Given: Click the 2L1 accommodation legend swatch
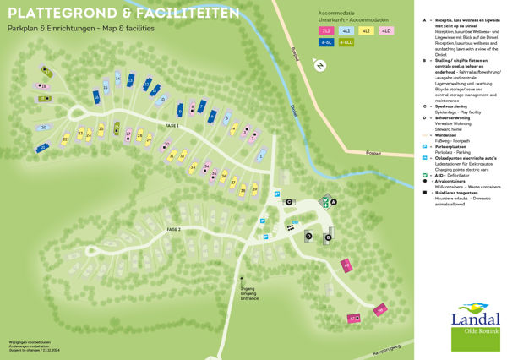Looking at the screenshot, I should tap(325, 30).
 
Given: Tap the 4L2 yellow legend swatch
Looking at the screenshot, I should tap(366, 30).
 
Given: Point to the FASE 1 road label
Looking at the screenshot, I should tap(173, 126).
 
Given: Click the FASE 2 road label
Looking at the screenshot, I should tap(174, 229).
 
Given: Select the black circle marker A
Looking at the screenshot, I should tap(334, 202).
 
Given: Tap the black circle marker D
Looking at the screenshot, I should tap(308, 236).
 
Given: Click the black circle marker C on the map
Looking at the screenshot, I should tap(289, 203).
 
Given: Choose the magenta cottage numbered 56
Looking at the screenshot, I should tap(380, 311).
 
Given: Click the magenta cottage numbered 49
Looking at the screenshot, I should tap(346, 265).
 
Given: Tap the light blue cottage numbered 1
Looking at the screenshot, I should tap(262, 155).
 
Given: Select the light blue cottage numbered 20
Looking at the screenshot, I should tap(43, 128).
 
